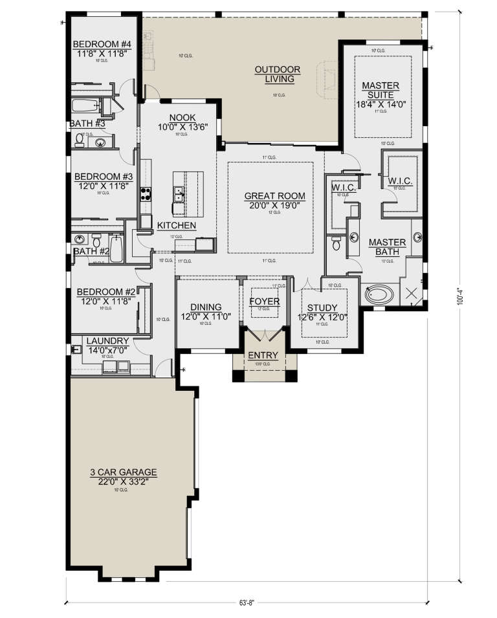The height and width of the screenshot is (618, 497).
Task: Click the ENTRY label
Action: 262,355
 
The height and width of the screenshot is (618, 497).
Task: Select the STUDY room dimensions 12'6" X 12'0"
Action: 322,317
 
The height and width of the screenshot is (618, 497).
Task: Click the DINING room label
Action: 206,307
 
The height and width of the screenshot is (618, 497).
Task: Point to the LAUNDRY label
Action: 107,341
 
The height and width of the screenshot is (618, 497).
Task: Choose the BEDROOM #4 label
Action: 102,45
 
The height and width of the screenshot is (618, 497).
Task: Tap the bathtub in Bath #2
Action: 116,250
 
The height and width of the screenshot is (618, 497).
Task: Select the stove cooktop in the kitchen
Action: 146,195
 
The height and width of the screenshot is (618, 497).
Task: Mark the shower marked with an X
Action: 411,294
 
